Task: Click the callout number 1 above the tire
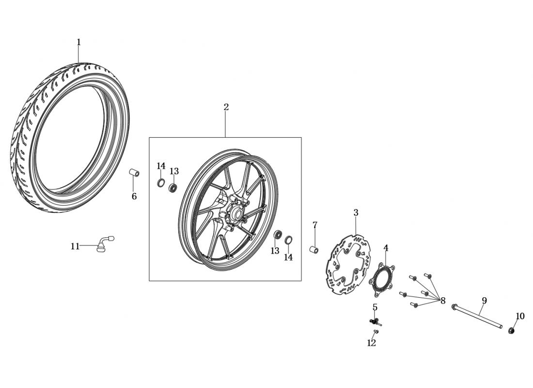point(79,43)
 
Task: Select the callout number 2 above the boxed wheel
point(226,107)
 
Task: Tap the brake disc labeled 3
point(348,264)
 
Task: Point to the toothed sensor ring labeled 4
point(382,280)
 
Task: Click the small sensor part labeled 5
point(375,321)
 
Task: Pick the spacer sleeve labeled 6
point(134,173)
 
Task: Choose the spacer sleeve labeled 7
point(314,249)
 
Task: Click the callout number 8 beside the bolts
point(442,301)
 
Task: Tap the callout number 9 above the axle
point(484,301)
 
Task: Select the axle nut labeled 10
point(511,330)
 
